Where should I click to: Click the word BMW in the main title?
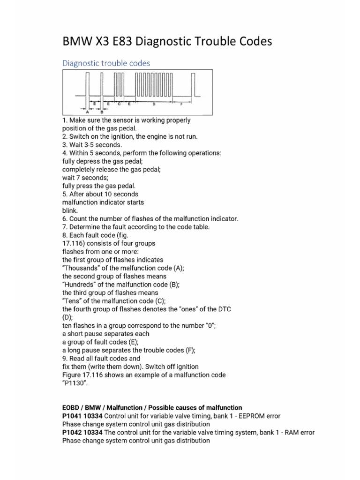(78, 42)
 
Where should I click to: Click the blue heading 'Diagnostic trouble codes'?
(106, 62)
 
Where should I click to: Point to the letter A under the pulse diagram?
(88, 112)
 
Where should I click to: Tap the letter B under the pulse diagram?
(102, 112)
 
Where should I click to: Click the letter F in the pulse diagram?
(181, 103)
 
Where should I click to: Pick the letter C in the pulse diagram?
(119, 103)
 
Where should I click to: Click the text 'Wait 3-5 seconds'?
(92, 145)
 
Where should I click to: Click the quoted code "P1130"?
(75, 383)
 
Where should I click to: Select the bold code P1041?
(72, 416)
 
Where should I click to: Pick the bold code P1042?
(72, 432)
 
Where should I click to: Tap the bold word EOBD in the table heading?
(72, 407)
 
